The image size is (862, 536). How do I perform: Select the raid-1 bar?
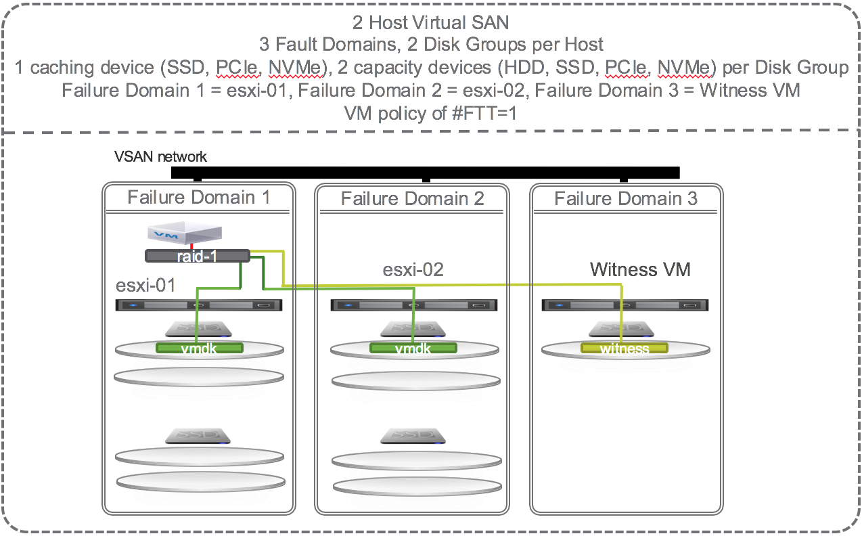click(197, 256)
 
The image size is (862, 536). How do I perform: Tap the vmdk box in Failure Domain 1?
click(199, 349)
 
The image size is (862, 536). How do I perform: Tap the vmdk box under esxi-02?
click(413, 349)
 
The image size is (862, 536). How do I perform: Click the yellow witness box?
click(625, 349)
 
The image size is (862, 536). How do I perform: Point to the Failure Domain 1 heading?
click(198, 197)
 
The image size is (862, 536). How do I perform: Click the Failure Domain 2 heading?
click(413, 198)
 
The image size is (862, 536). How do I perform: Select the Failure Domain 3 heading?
click(626, 198)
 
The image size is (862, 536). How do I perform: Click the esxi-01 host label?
click(145, 285)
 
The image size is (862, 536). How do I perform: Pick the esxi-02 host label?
click(413, 269)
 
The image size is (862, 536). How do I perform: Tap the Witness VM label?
click(640, 269)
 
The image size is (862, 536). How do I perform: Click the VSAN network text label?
click(160, 157)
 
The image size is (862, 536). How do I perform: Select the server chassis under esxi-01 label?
click(200, 305)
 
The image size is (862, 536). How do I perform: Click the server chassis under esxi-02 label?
click(413, 305)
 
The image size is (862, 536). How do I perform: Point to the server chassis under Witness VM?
click(625, 305)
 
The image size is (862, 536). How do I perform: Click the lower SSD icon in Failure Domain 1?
click(199, 435)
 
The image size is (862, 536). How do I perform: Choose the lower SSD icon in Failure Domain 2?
click(413, 435)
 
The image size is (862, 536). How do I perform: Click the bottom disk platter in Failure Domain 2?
click(413, 486)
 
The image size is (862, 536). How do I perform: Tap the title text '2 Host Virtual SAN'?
click(430, 22)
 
